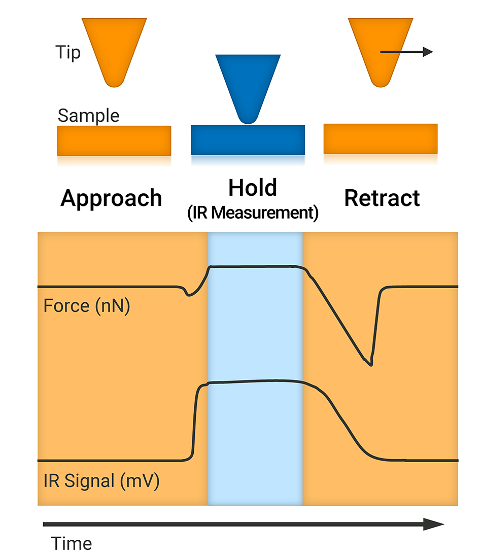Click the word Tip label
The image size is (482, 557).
68,52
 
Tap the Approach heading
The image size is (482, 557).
111,198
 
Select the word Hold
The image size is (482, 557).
252,188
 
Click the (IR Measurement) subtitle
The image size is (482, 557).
252,213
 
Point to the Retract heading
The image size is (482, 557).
382,198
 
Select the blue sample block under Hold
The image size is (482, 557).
248,140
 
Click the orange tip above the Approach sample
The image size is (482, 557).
114,48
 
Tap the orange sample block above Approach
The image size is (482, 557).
114,141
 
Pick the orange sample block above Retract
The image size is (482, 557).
381,138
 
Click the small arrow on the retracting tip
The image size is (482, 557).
406,52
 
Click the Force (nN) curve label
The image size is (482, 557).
87,306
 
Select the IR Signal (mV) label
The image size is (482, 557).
101,480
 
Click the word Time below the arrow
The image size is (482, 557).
72,544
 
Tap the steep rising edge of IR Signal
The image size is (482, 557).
194,421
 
